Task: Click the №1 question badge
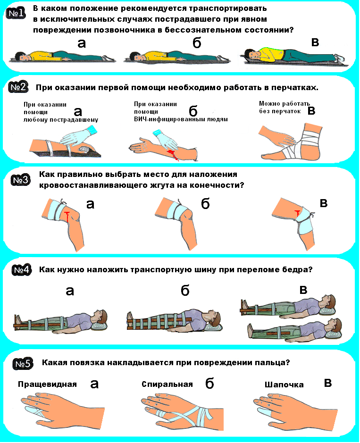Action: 16,13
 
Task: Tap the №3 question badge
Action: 21,180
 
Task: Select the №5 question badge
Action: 23,364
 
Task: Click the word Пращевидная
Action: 47,384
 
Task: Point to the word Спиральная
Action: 167,384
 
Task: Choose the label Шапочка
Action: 284,384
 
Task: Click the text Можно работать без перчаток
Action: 284,108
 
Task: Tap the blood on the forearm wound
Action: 172,155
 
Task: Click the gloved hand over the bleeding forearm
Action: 166,141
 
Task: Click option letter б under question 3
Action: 205,203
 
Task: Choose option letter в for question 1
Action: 315,42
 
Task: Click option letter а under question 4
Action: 70,291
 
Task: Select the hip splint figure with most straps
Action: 174,321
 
